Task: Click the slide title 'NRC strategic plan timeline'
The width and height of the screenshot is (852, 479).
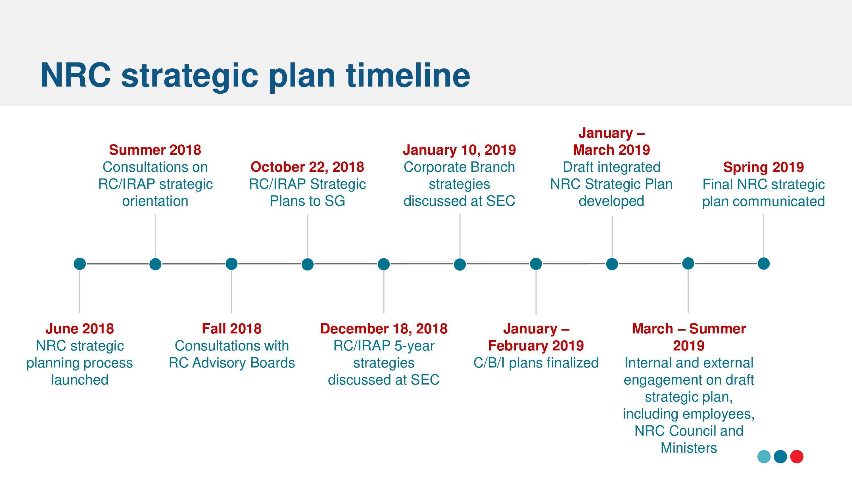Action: (255, 77)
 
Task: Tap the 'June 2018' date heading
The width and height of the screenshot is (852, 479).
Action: (80, 329)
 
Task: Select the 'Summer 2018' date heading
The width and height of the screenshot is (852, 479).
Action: (155, 150)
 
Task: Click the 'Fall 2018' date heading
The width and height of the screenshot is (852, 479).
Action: (231, 329)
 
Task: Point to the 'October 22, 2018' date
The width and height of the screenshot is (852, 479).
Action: (307, 167)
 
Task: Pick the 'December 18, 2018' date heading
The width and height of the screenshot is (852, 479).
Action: (384, 329)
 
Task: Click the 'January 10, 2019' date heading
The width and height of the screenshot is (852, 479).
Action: (460, 150)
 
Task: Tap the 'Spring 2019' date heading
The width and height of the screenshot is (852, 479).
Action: (763, 167)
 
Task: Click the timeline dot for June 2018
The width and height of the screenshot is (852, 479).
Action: (80, 264)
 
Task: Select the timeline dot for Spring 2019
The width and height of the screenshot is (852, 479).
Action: (763, 263)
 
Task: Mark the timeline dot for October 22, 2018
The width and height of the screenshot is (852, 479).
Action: (308, 264)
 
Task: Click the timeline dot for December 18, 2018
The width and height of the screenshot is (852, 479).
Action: (384, 264)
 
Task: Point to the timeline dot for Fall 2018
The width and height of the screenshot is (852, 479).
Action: (231, 264)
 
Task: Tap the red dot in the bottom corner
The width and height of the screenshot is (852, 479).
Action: (797, 457)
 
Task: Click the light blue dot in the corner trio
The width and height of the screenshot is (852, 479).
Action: (764, 457)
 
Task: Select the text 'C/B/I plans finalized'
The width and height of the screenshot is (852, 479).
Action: (536, 363)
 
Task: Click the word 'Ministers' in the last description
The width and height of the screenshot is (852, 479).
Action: (689, 448)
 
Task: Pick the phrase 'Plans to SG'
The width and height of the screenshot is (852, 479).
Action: (307, 201)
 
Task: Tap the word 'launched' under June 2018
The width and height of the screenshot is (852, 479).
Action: (80, 380)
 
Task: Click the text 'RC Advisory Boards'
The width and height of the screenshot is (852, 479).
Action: (231, 363)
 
